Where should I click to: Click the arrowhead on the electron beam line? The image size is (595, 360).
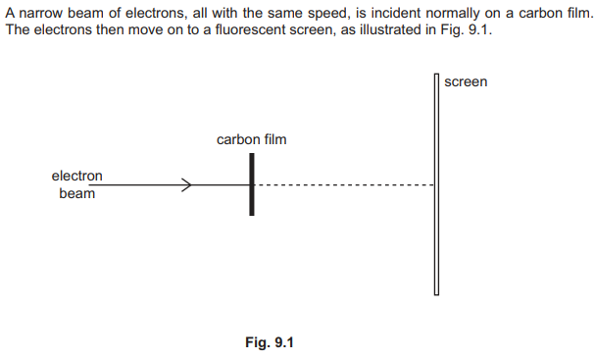[x=187, y=185]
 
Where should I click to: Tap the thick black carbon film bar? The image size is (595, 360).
[x=252, y=184]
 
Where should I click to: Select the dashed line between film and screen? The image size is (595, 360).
[x=344, y=185]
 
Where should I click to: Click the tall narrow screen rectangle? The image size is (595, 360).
[x=436, y=184]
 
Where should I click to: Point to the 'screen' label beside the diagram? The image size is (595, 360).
[x=466, y=82]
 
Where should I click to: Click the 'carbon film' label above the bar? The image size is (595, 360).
[x=251, y=139]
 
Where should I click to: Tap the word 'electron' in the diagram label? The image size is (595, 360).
[x=77, y=176]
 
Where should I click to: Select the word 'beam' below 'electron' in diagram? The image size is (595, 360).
[x=77, y=193]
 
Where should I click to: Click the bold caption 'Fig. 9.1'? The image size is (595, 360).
[x=270, y=342]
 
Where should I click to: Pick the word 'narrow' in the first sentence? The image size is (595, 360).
[x=40, y=14]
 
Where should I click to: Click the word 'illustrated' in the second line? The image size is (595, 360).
[x=388, y=29]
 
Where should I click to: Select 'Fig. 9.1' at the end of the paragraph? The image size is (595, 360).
[x=466, y=29]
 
